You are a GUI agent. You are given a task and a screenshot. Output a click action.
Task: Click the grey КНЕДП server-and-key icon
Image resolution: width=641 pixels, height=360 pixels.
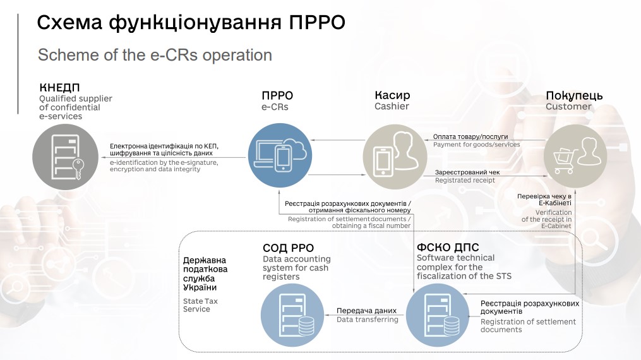pyautogui.click(x=66, y=157)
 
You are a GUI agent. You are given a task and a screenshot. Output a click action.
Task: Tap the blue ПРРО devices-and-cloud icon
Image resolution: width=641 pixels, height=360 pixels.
pyautogui.click(x=280, y=156)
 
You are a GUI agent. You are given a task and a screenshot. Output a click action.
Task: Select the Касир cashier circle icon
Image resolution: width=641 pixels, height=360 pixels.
pyautogui.click(x=395, y=157)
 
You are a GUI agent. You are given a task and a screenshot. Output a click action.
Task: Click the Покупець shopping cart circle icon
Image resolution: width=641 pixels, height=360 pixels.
pyautogui.click(x=575, y=156)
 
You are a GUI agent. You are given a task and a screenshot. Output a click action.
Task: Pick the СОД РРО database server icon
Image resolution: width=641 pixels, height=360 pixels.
pyautogui.click(x=292, y=315)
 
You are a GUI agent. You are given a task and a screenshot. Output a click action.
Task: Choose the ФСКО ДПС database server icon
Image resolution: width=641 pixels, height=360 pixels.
pyautogui.click(x=438, y=315)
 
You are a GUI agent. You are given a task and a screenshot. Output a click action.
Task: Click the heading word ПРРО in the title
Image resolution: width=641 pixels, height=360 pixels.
pyautogui.click(x=317, y=23)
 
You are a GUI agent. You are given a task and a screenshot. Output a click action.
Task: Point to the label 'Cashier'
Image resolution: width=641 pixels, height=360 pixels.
pyautogui.click(x=392, y=106)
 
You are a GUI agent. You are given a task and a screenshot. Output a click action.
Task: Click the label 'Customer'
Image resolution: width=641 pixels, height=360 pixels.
pyautogui.click(x=568, y=107)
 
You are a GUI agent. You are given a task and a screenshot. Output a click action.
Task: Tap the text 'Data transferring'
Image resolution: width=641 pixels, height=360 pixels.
pyautogui.click(x=368, y=320)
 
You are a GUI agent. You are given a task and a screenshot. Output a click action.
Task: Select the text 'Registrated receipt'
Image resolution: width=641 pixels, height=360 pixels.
pyautogui.click(x=465, y=180)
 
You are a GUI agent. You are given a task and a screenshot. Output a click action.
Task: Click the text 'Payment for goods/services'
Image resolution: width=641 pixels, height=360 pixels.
pyautogui.click(x=477, y=145)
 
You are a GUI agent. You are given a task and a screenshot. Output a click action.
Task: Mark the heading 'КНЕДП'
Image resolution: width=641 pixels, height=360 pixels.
pyautogui.click(x=60, y=87)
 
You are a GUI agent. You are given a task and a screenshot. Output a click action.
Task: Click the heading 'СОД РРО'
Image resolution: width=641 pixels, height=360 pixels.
pyautogui.click(x=288, y=248)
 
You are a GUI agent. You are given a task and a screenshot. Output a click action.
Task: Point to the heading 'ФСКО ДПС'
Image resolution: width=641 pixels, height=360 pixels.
pyautogui.click(x=448, y=247)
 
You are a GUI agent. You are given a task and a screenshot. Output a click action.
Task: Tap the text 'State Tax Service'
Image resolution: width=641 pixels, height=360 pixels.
pyautogui.click(x=200, y=305)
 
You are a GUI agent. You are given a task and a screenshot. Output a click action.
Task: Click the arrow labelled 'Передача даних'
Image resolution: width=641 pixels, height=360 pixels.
pyautogui.click(x=365, y=315)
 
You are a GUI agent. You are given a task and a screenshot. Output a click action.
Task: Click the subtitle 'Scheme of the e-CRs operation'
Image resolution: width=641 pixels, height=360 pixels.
pyautogui.click(x=155, y=55)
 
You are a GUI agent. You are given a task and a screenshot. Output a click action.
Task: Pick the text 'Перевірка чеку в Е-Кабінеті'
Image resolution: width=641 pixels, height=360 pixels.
pyautogui.click(x=544, y=200)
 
